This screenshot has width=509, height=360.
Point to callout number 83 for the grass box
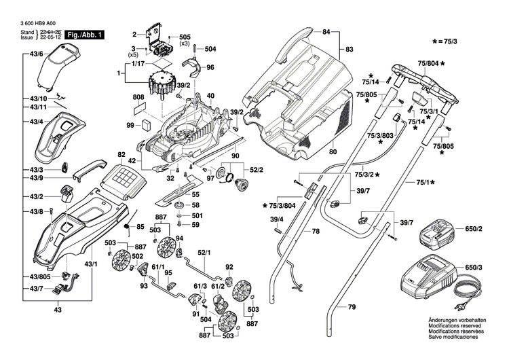click(350, 49)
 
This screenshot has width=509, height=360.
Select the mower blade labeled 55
click(178, 195)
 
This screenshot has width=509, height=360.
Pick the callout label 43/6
click(36, 54)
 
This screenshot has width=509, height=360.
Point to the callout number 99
click(130, 126)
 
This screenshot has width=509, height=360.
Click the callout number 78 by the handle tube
click(315, 232)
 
